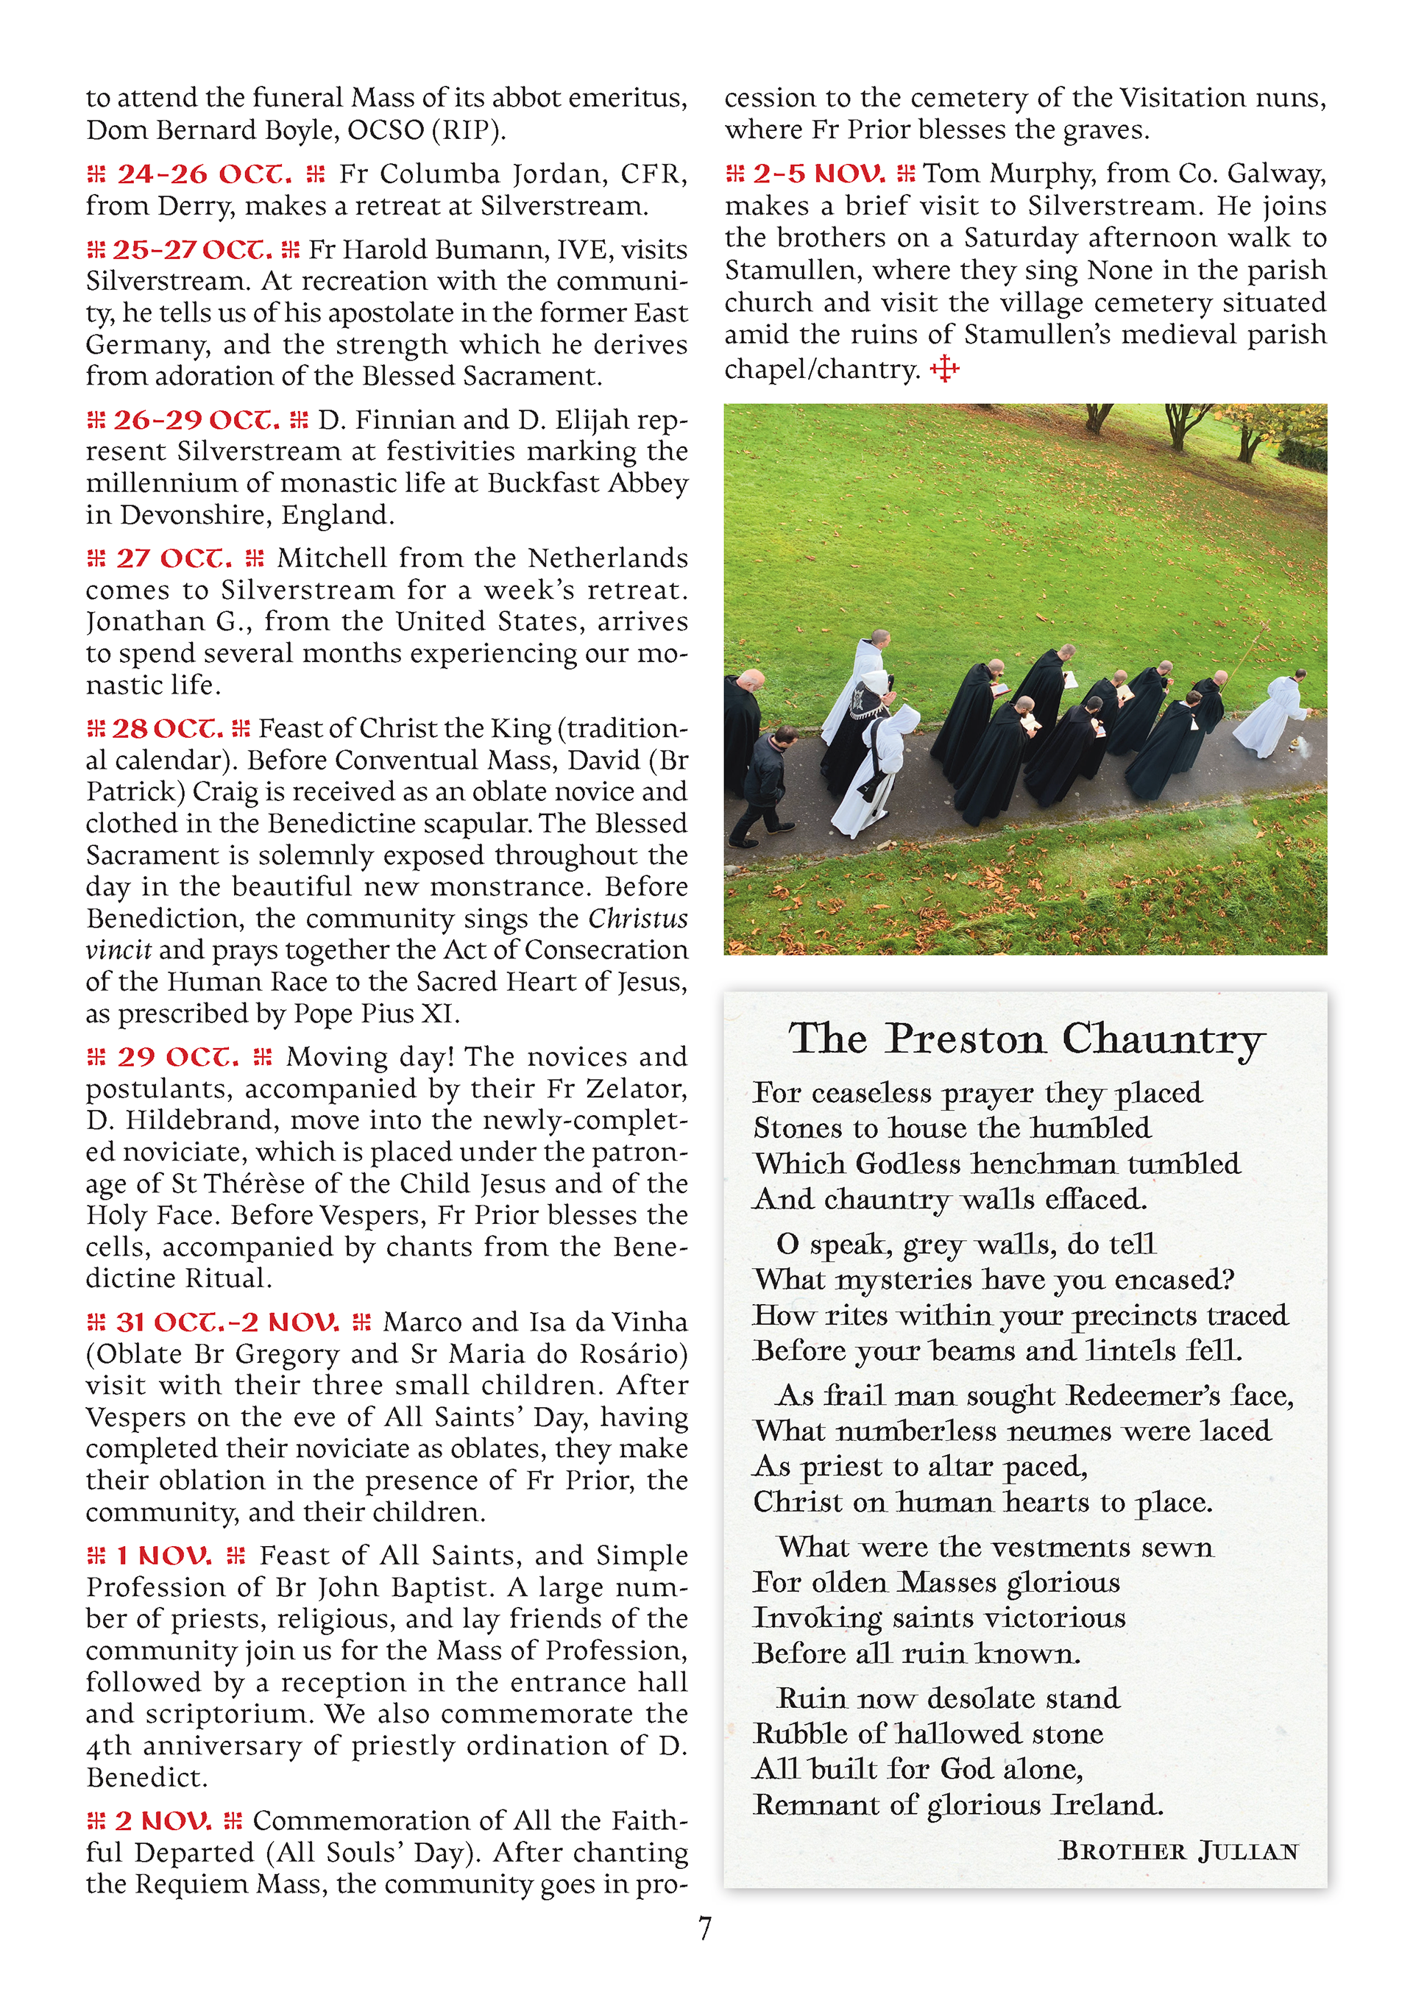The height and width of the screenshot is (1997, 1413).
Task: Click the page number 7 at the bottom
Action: click(x=705, y=1929)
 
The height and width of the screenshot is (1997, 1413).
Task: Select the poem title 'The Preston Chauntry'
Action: click(x=1026, y=1039)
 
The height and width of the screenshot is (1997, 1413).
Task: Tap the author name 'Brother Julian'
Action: click(x=1179, y=1851)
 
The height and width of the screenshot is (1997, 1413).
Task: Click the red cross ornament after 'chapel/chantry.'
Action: click(x=945, y=370)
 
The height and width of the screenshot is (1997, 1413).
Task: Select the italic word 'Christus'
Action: click(x=638, y=919)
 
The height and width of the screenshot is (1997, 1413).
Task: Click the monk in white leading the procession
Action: click(x=1271, y=713)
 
